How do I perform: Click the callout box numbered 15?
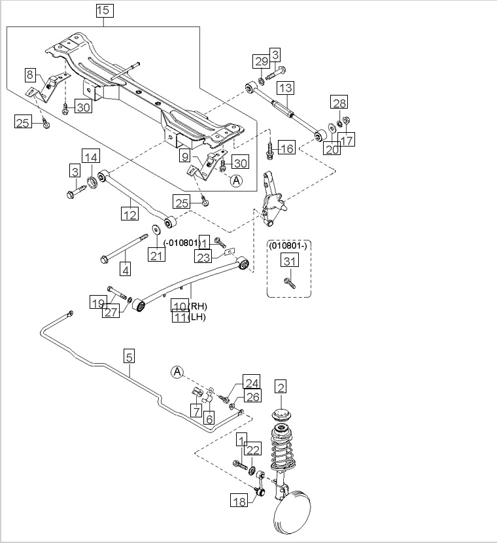pos(104,10)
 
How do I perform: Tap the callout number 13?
pos(285,88)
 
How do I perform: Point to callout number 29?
pos(261,61)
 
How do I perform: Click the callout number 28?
pos(339,103)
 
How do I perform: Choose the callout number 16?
pos(286,148)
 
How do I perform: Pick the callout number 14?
pos(91,156)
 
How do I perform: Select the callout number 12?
pos(129,213)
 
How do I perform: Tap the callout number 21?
pos(156,254)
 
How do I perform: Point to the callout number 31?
pos(289,261)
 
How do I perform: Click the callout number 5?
pos(129,357)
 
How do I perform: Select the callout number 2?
pos(281,387)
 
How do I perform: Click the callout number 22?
pos(254,448)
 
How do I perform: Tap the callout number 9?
pos(185,157)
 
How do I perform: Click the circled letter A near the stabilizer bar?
pos(177,372)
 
